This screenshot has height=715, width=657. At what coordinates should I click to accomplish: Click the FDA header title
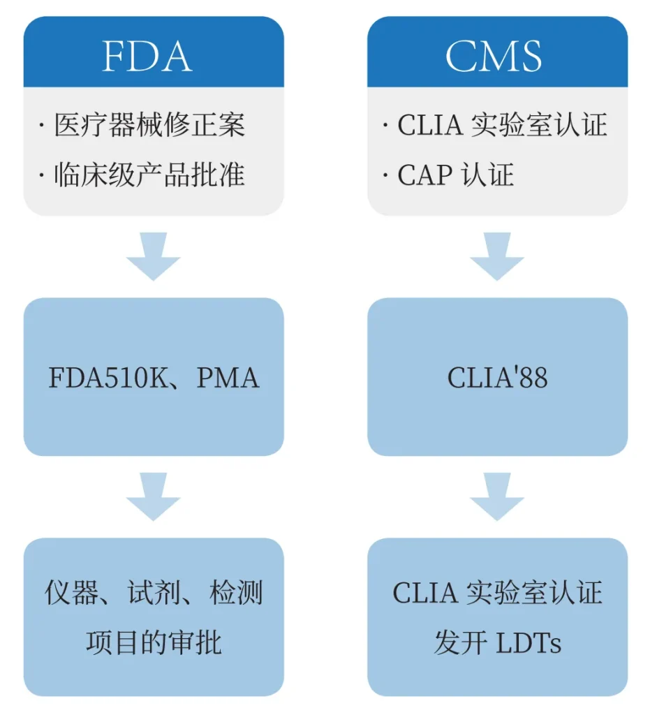coord(147,56)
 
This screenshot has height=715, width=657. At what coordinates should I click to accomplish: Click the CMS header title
coord(494,56)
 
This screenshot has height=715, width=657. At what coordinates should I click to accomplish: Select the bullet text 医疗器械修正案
coord(149,124)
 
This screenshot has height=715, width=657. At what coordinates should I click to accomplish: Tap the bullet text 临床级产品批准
coord(149,174)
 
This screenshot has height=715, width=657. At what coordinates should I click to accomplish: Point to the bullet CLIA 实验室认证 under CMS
coord(503,124)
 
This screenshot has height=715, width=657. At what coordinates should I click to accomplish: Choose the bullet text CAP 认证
coord(456,174)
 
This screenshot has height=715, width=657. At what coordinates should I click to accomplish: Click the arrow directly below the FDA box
coord(153,256)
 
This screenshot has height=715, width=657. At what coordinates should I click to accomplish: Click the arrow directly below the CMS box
coord(497,256)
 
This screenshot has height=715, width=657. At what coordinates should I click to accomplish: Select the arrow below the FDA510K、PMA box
coord(153,496)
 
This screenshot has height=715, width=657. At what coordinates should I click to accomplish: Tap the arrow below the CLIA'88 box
coord(497,496)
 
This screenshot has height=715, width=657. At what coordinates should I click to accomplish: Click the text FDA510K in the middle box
coord(108,378)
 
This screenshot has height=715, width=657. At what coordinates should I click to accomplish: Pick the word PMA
coord(228,378)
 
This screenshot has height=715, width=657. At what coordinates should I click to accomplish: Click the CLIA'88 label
coord(497,377)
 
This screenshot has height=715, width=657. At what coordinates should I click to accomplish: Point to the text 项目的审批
coord(154,642)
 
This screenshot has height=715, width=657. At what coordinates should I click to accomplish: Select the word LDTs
coord(529,643)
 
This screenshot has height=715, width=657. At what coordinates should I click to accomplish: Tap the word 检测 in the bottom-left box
coord(236,593)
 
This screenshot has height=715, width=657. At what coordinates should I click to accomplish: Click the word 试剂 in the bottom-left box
coord(154,593)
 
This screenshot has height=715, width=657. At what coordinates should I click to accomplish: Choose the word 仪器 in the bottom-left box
coord(72,593)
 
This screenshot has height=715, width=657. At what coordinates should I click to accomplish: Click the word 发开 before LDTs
coord(461,642)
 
